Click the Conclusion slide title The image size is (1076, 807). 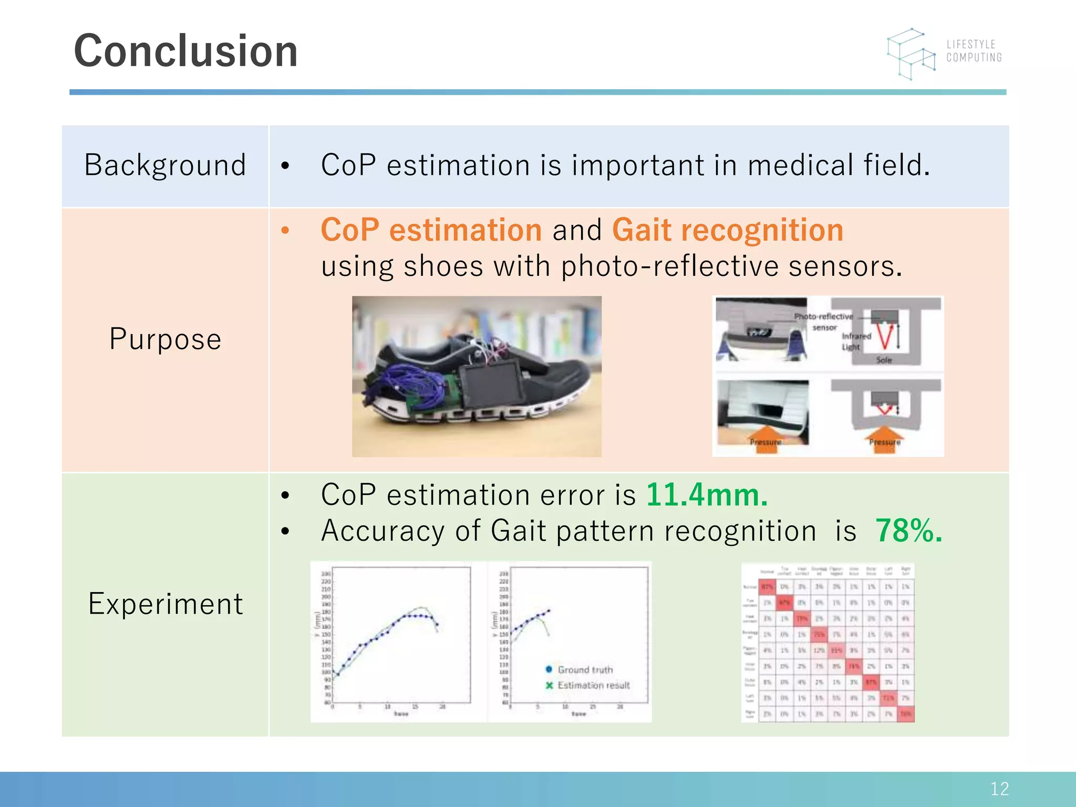click(185, 51)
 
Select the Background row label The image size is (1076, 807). click(165, 165)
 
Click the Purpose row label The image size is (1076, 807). click(165, 339)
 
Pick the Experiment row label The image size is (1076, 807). click(165, 604)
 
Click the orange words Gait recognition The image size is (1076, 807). click(727, 230)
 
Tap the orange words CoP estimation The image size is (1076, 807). click(431, 230)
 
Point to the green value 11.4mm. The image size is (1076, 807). click(706, 495)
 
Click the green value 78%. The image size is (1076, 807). click(908, 531)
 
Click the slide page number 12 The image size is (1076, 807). click(999, 789)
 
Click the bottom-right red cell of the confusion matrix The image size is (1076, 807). click(905, 714)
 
